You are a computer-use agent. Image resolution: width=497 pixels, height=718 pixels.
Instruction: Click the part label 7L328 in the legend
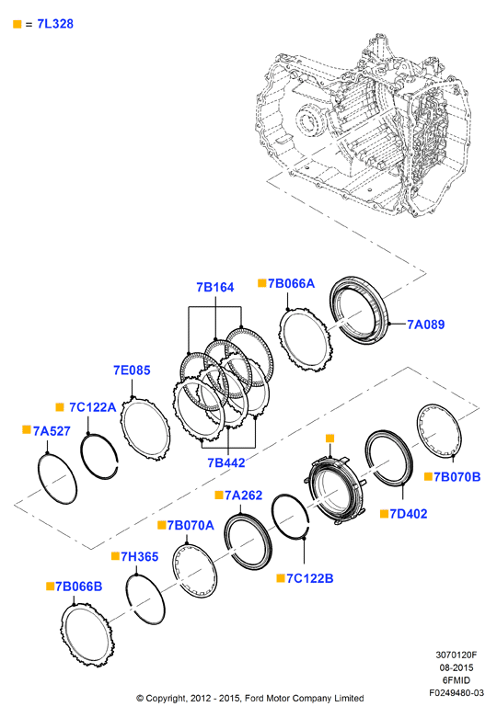55,24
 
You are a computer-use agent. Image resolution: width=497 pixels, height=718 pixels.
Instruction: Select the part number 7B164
215,287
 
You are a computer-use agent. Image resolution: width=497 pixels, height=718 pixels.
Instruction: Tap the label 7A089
426,325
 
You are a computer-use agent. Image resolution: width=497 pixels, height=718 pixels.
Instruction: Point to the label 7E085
132,370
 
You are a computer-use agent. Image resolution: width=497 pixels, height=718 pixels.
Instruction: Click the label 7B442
226,462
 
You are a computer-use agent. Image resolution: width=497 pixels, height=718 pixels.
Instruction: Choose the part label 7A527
52,431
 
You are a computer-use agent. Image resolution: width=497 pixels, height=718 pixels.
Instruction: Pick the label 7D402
409,514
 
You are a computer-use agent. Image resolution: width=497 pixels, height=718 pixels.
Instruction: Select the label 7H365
140,556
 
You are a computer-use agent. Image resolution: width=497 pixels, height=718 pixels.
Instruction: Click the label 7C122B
310,578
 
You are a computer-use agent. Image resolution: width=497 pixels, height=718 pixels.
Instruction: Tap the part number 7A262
244,495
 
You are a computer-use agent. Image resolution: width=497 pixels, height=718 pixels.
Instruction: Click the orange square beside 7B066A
262,283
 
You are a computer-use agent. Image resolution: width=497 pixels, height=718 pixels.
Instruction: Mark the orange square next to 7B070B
428,477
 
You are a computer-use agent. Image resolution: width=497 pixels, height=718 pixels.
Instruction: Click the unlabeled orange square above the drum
330,439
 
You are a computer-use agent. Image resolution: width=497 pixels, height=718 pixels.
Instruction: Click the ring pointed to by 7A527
39,476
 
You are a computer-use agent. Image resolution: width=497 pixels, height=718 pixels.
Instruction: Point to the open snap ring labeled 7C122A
83,453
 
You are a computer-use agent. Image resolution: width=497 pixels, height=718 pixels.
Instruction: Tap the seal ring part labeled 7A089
334,312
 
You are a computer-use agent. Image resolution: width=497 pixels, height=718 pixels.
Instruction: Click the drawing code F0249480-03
457,693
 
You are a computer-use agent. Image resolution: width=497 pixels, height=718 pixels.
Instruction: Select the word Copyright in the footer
167,699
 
